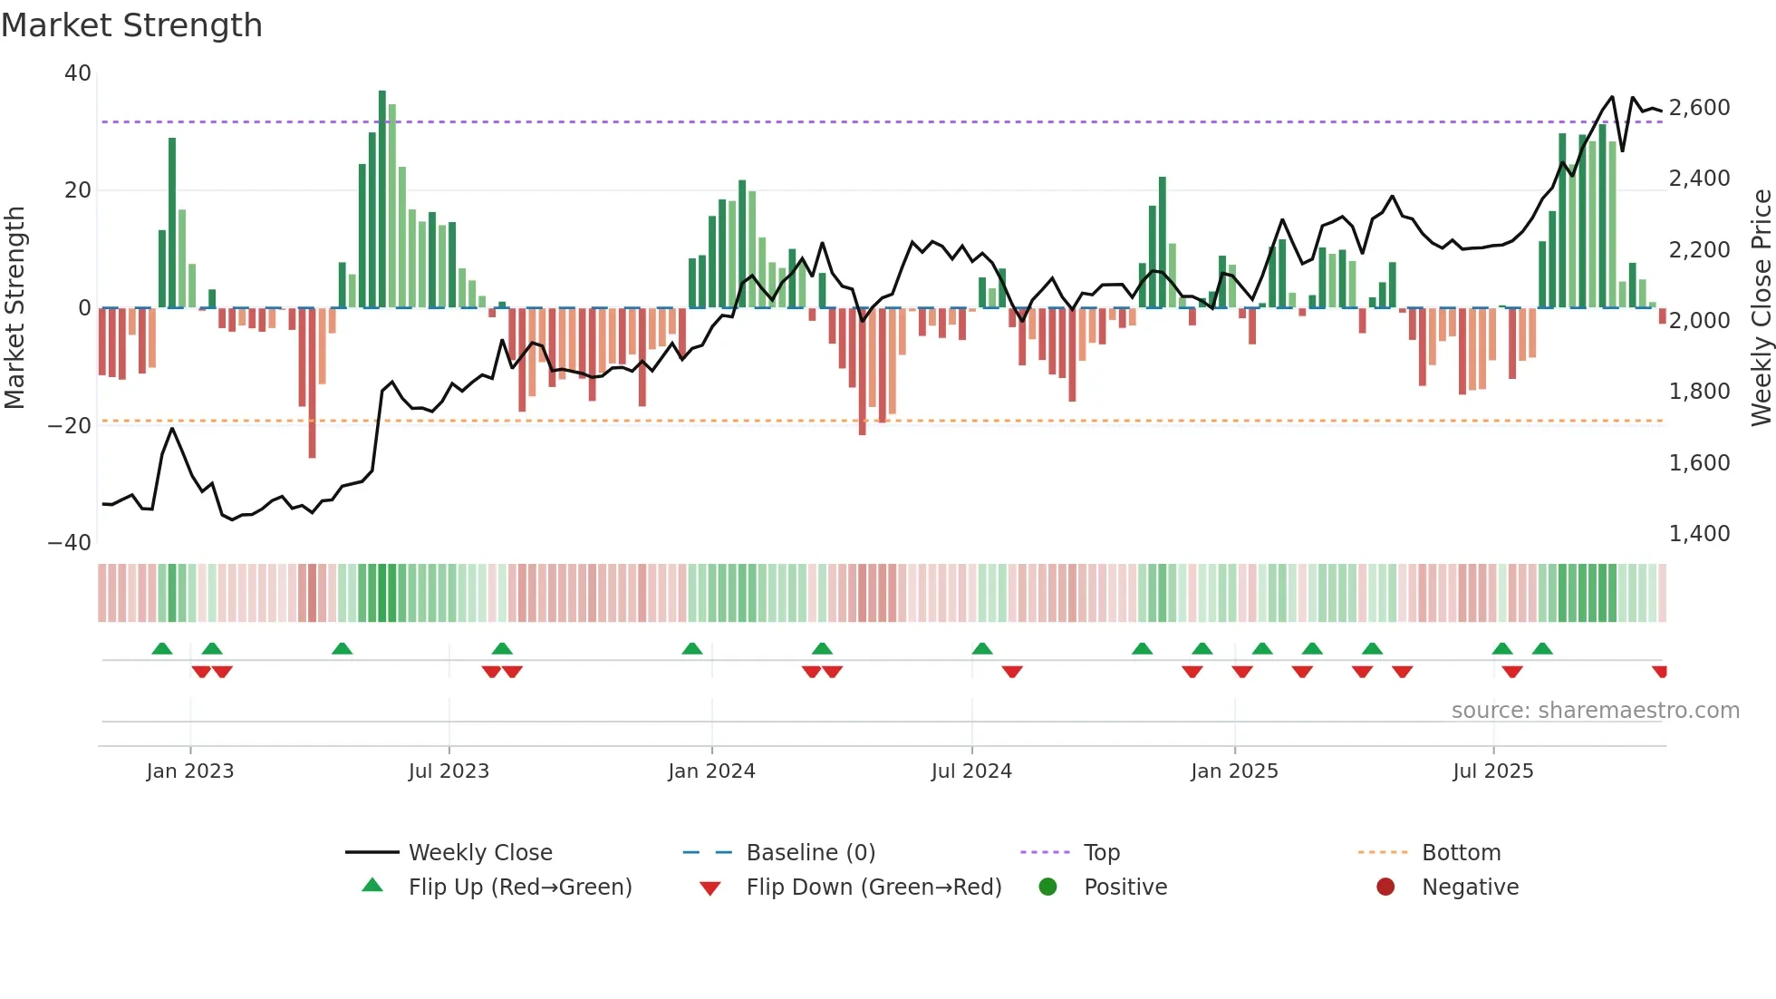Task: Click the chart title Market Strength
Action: pyautogui.click(x=131, y=25)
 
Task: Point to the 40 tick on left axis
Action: pyautogui.click(x=78, y=73)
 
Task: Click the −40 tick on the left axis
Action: pyautogui.click(x=70, y=543)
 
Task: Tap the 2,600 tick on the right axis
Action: pyautogui.click(x=1699, y=108)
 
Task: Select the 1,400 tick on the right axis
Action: pyautogui.click(x=1699, y=534)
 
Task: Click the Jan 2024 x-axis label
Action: pyautogui.click(x=711, y=771)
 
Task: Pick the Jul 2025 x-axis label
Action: pyautogui.click(x=1492, y=771)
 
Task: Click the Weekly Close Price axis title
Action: pyautogui.click(x=1761, y=308)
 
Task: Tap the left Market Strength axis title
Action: pyautogui.click(x=15, y=308)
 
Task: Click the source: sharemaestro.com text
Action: pyautogui.click(x=1595, y=711)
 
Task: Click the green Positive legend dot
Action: pyautogui.click(x=1048, y=887)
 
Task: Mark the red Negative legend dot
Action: pyautogui.click(x=1385, y=887)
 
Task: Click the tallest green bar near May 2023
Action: pyautogui.click(x=382, y=199)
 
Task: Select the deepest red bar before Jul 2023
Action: pyautogui.click(x=312, y=383)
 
